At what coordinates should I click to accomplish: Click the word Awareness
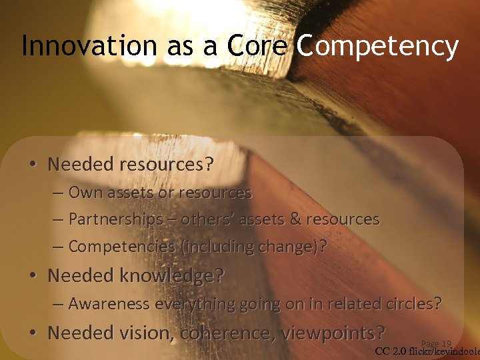coord(109,304)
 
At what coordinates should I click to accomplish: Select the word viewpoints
coord(331,332)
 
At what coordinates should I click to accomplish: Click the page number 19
coord(446,344)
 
